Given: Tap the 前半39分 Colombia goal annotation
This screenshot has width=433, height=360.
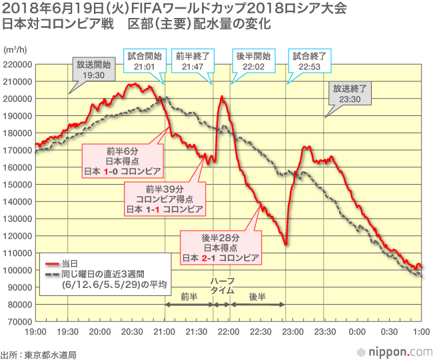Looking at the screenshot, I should (x=165, y=199).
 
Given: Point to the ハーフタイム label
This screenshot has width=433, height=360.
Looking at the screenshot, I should (x=222, y=286).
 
